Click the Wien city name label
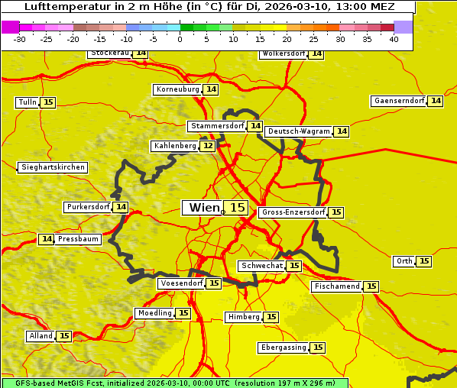(203, 208)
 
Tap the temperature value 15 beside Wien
(237, 208)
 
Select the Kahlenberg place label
(175, 146)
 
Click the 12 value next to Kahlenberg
(208, 146)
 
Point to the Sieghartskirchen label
(53, 167)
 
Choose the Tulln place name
(27, 102)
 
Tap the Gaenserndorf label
(398, 101)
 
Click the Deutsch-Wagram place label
(299, 131)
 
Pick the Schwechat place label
(261, 266)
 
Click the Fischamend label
(336, 286)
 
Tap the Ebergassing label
(284, 348)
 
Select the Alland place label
(41, 336)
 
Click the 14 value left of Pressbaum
(47, 239)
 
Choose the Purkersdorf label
(88, 207)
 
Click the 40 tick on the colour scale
(394, 40)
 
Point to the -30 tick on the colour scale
(20, 40)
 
